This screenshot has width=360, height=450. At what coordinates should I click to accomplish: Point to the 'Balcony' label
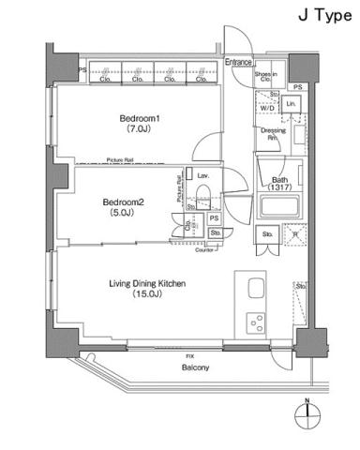(x=195, y=367)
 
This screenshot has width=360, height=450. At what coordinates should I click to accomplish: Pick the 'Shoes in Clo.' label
(x=265, y=76)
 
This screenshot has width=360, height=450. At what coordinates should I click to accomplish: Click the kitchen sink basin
(x=254, y=287)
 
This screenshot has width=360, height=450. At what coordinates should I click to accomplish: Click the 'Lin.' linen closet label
(x=292, y=102)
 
